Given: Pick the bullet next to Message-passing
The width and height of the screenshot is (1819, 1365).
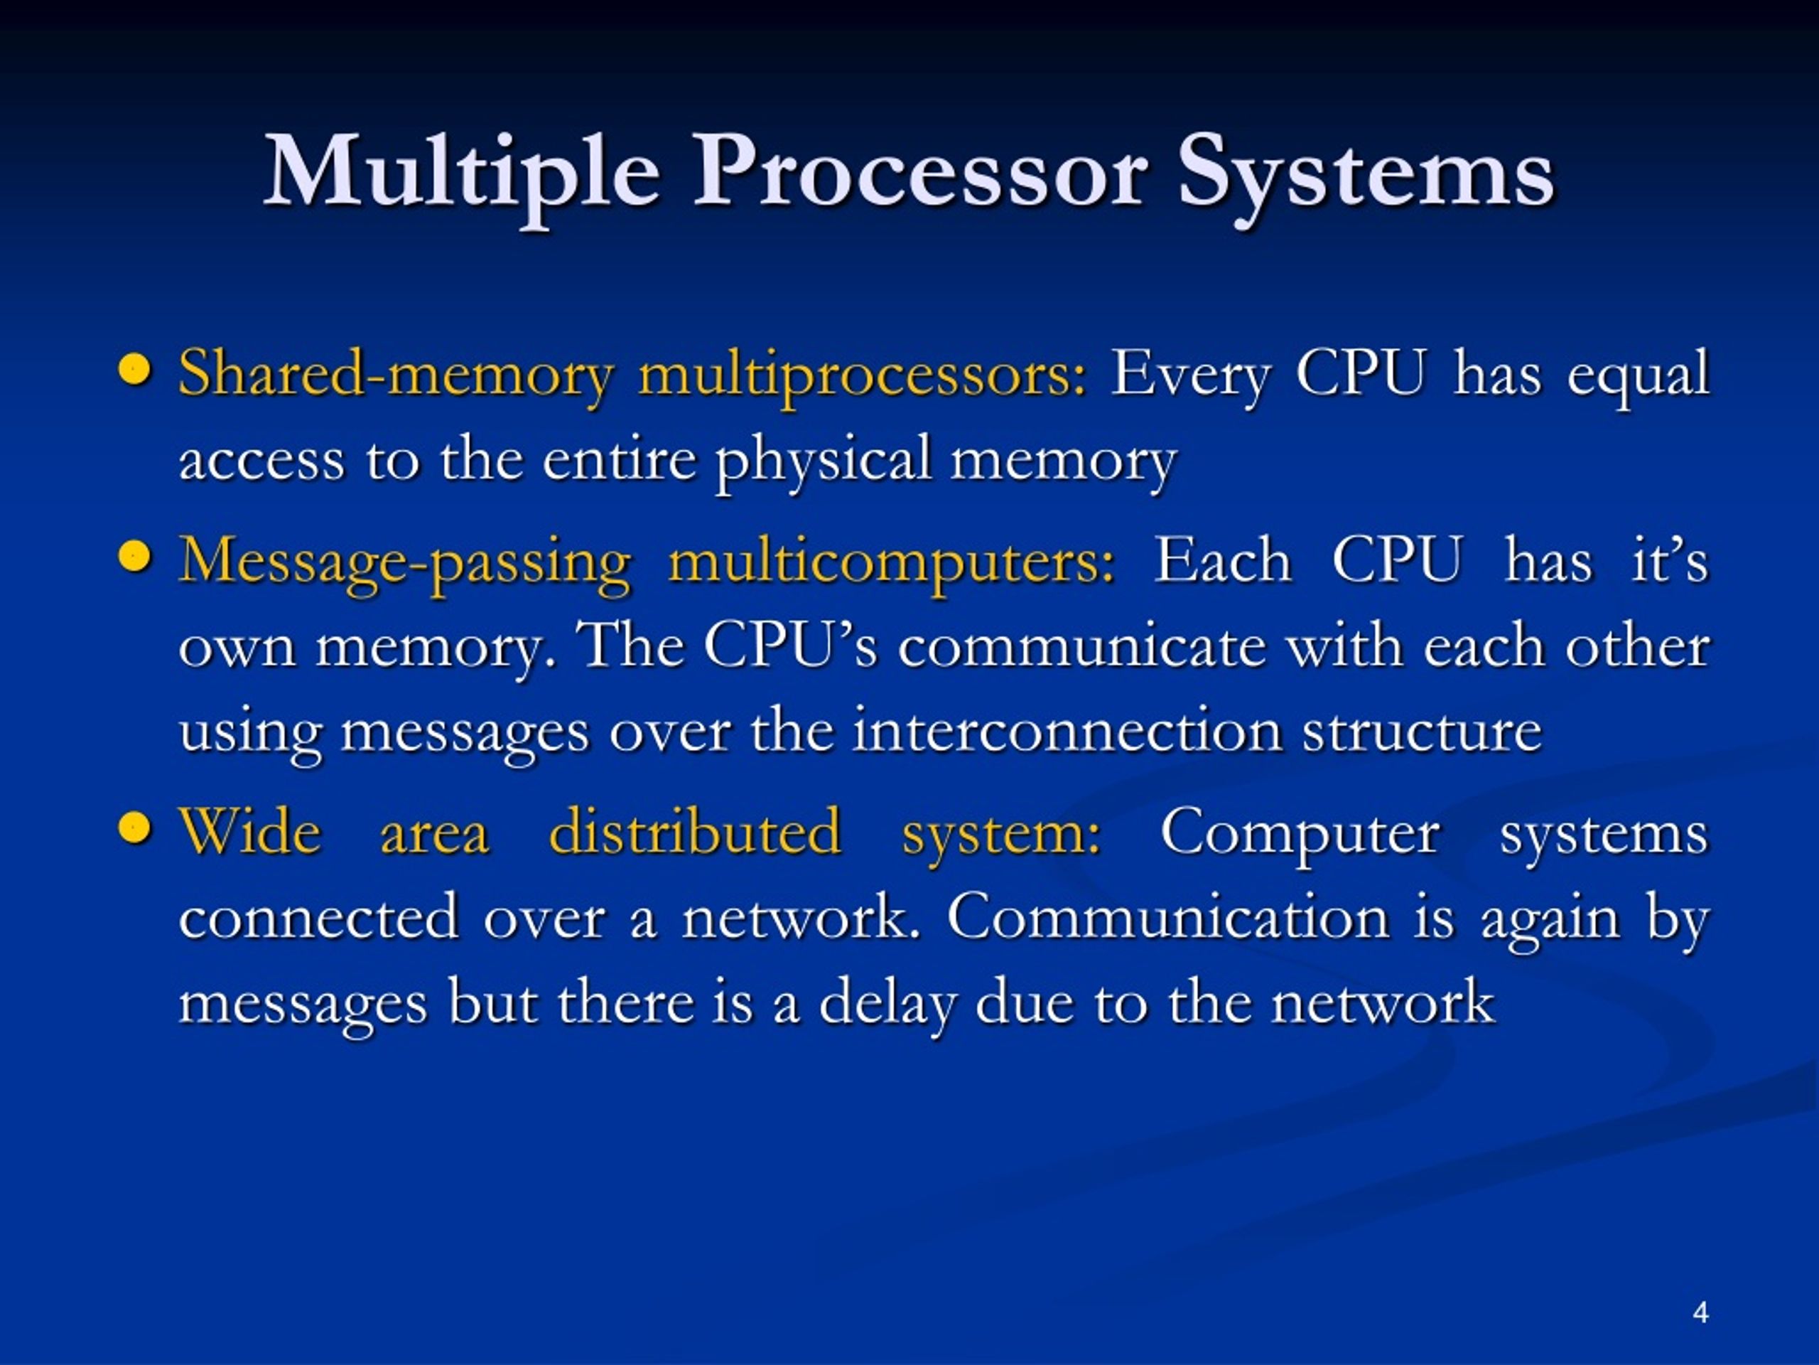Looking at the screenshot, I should (x=135, y=557).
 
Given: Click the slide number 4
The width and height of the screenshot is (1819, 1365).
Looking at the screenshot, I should (x=1700, y=1312).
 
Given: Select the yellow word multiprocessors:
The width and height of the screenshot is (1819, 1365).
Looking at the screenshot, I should (x=862, y=375).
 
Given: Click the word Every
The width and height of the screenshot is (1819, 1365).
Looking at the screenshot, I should (x=1190, y=375).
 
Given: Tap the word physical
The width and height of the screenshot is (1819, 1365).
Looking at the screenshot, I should (x=822, y=461).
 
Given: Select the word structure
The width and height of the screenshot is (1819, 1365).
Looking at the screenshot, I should (x=1421, y=731).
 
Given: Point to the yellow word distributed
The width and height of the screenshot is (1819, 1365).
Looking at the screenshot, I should (x=695, y=831).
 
